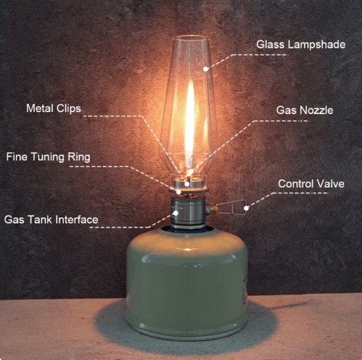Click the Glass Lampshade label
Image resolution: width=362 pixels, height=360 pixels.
pos(301,45)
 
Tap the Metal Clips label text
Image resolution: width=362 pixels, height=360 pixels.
pos(54,108)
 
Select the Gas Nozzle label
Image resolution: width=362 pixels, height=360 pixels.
pos(305,110)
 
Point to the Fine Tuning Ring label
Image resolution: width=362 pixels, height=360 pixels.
pos(48,157)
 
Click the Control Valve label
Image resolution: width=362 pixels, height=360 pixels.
pos(311,184)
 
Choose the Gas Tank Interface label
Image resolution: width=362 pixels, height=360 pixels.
pos(51,219)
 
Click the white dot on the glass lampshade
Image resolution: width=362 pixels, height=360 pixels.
pos(206,69)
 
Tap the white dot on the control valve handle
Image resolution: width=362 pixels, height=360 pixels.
pos(246,208)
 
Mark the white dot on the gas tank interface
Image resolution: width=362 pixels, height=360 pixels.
pos(176,213)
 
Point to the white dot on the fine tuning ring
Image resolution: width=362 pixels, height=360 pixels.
pos(179,192)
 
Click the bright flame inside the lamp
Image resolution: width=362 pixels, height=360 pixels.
pos(190,125)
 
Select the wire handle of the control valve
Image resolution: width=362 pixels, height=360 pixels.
pos(232,207)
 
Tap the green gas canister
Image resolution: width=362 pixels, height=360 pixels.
pos(187,284)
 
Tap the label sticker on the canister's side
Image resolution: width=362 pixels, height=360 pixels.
pos(245,291)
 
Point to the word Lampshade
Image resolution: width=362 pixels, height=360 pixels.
pos(317,45)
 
